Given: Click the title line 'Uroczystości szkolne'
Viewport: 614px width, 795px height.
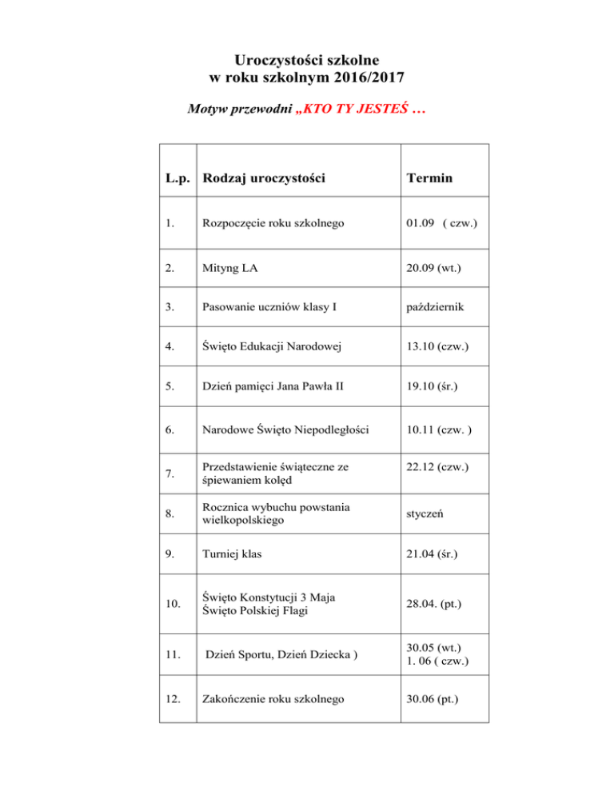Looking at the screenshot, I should pos(307,59).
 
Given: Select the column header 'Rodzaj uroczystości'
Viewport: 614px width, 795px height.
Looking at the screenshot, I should pos(262,178).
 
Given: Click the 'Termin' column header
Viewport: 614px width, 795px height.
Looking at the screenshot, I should pos(430,178).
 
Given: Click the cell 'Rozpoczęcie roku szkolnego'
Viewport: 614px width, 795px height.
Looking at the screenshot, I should pos(273,223).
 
